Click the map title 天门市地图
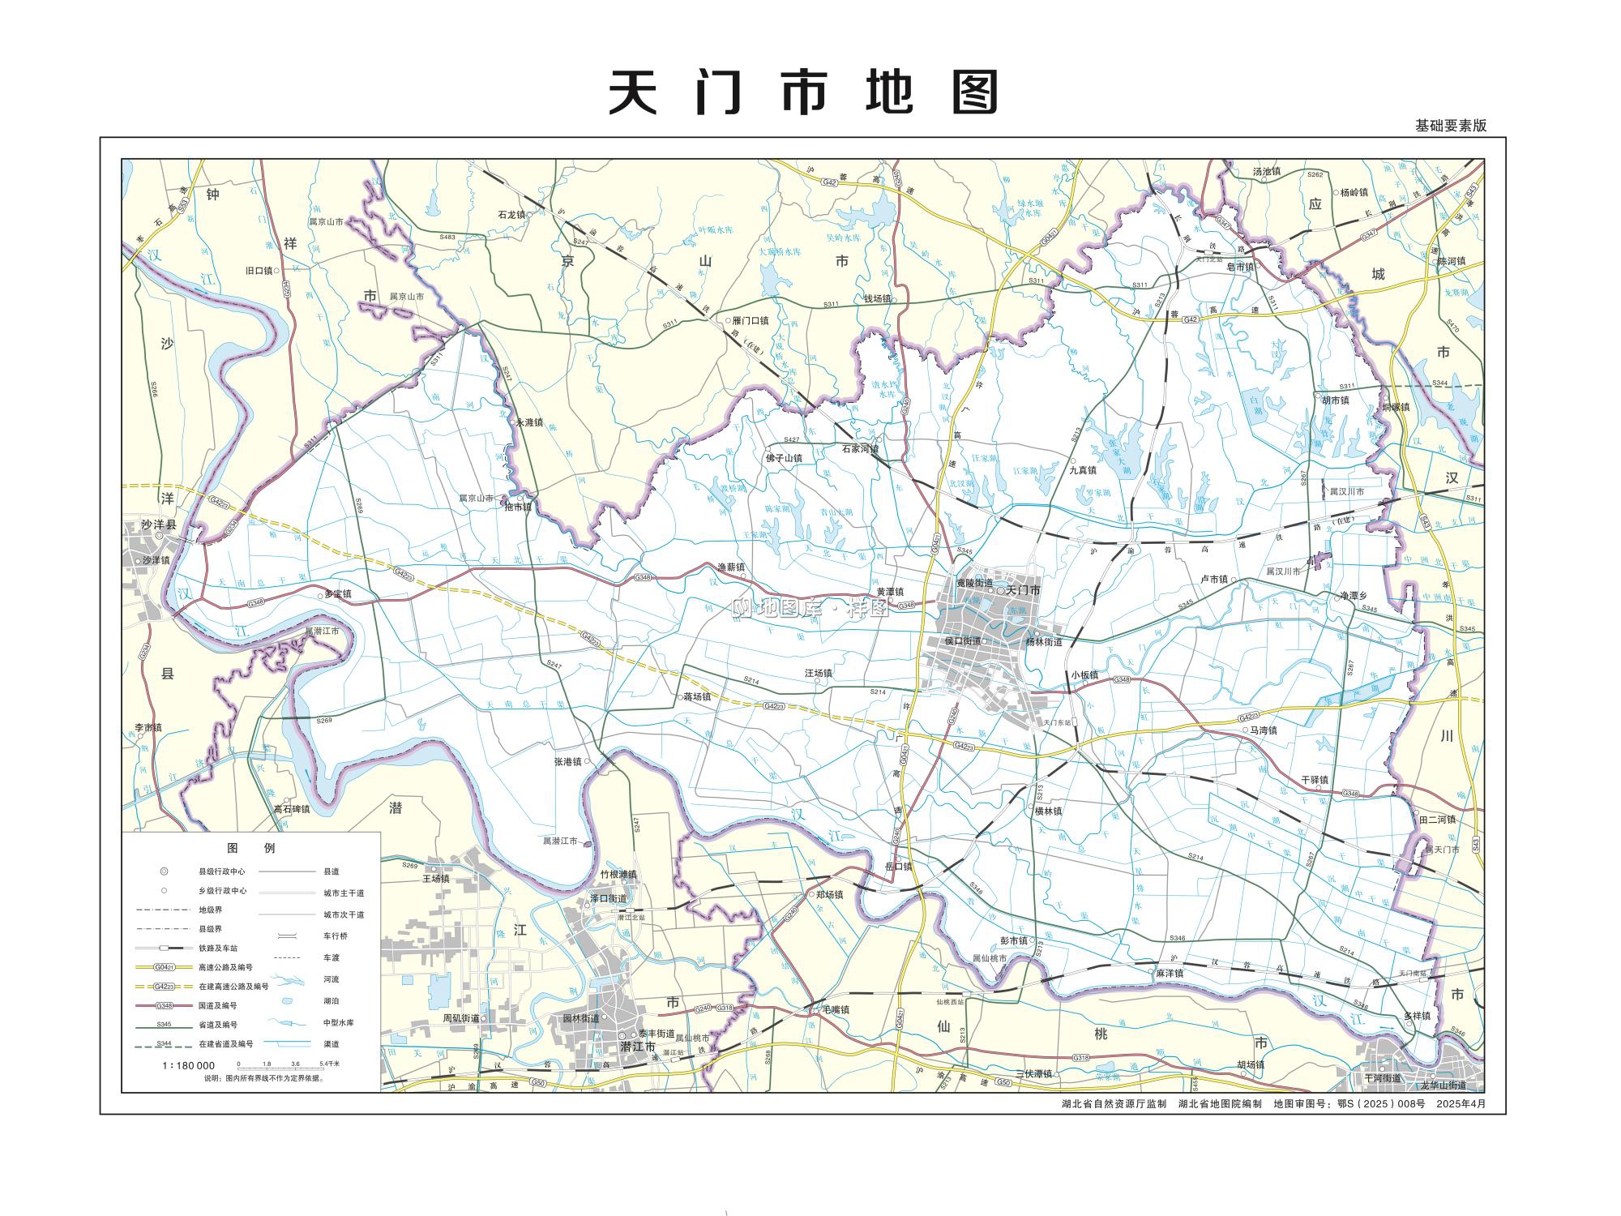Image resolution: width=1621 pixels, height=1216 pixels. [803, 92]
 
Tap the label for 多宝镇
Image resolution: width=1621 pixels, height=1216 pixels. [337, 593]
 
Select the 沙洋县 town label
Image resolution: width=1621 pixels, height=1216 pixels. [159, 525]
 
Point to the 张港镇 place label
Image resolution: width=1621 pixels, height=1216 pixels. [568, 761]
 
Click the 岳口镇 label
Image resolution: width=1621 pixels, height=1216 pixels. [898, 866]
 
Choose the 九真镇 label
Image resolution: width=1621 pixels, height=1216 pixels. [1082, 469]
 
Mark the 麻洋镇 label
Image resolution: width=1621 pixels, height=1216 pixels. [1169, 973]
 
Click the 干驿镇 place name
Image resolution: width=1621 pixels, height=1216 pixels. [1315, 780]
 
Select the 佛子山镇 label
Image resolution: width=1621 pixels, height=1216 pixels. [784, 458]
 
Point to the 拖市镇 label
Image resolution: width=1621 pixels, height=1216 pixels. [518, 507]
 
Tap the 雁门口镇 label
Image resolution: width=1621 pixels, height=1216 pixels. [750, 320]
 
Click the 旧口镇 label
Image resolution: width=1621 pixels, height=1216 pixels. [259, 271]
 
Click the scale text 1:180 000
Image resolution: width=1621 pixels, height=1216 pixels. [189, 1065]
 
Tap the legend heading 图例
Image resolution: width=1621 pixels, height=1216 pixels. [251, 848]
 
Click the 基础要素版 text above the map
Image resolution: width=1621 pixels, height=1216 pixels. [1451, 126]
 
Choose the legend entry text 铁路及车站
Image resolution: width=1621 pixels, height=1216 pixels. [219, 948]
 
